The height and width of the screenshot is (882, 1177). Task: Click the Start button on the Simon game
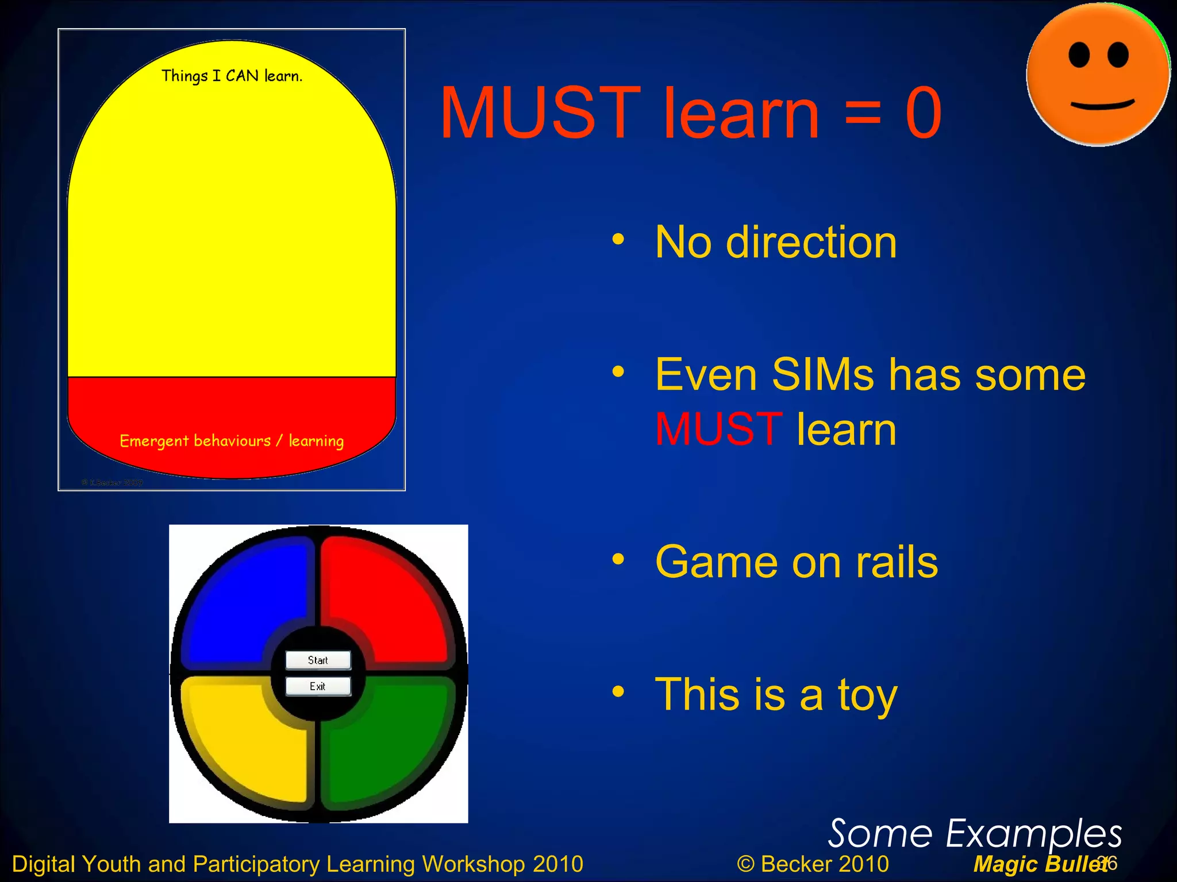(318, 660)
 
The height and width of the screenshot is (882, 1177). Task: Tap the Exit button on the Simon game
(318, 686)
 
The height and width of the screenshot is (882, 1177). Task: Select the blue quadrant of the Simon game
(247, 597)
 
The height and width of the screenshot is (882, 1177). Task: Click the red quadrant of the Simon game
(385, 597)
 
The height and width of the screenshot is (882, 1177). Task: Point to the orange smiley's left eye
(1079, 56)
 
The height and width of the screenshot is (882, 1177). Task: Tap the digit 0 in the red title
(923, 113)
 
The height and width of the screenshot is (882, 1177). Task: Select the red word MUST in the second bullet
(718, 430)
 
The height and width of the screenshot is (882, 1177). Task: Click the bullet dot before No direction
(618, 240)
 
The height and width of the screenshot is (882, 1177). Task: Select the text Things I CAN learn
(232, 76)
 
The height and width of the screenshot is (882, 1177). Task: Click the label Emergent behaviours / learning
(232, 441)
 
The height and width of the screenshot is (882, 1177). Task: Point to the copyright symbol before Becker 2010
(745, 864)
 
